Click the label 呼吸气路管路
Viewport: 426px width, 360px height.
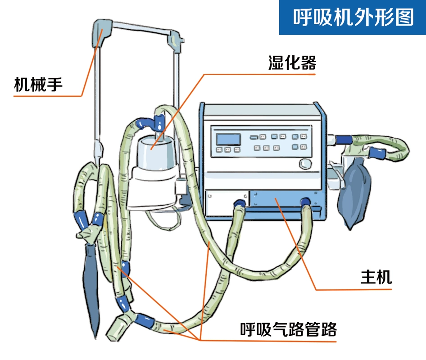tap(288, 330)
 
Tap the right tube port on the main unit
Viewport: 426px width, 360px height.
tap(306, 202)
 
